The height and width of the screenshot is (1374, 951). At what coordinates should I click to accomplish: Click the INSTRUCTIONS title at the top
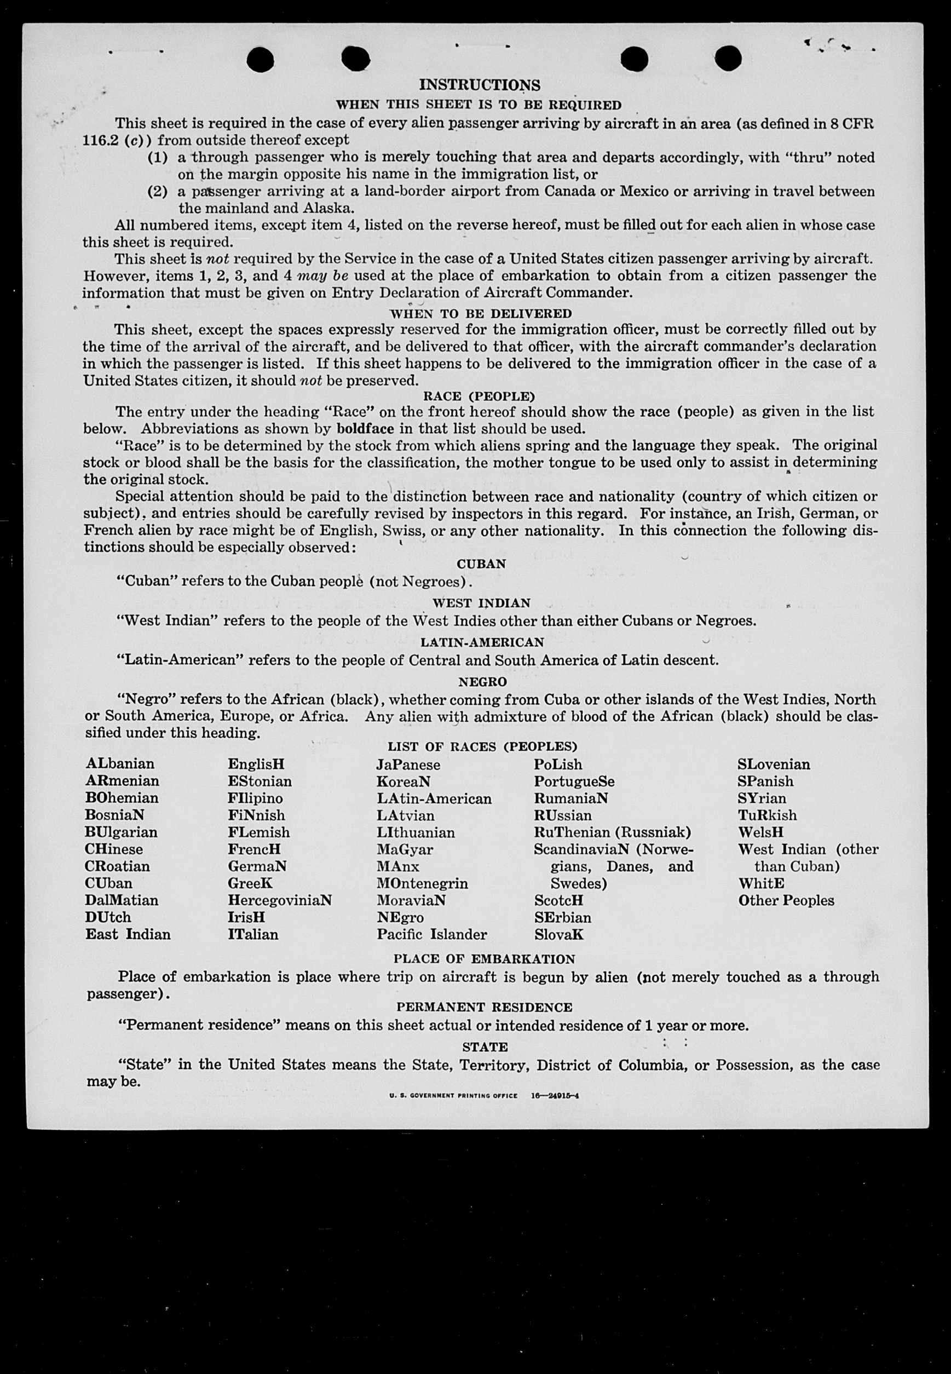point(480,85)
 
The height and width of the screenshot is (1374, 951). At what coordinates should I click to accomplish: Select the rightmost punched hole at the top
point(728,59)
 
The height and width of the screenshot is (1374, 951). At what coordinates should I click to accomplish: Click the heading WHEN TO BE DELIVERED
point(480,313)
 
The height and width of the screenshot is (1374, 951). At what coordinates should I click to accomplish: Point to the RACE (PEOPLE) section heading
point(479,396)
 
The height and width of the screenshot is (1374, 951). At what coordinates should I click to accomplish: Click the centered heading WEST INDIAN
point(481,603)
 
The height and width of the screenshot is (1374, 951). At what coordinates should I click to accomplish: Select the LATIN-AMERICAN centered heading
point(482,642)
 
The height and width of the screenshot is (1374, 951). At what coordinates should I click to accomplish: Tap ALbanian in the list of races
point(120,764)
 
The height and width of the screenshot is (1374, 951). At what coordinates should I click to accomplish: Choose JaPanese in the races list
point(408,764)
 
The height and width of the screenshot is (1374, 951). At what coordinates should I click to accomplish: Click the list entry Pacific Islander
point(431,934)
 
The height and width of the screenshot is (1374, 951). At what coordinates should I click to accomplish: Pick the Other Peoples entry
point(786,900)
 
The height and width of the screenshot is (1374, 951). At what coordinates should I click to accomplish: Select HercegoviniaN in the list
point(279,900)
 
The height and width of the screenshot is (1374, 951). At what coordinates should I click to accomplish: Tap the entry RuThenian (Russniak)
point(612,832)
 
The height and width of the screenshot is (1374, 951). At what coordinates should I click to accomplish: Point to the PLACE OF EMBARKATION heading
point(484,959)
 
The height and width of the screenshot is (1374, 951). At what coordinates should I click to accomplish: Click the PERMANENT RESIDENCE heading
point(484,1008)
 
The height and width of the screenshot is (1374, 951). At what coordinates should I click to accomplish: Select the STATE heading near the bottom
point(485,1047)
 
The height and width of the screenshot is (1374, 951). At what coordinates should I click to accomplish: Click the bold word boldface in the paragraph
point(364,428)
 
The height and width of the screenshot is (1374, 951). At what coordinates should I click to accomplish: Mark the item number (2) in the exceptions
point(157,192)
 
